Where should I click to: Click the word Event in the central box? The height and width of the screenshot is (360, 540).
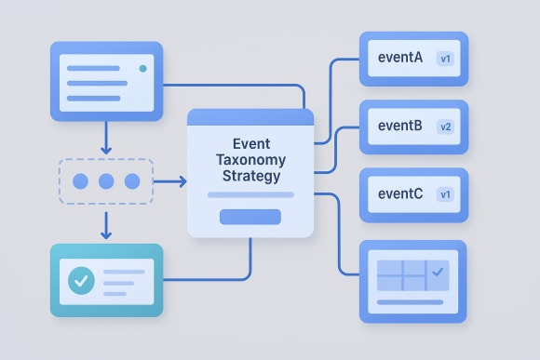(x=251, y=144)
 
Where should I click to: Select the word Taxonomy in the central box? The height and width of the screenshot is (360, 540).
(x=251, y=160)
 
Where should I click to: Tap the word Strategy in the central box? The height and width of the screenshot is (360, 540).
(x=251, y=176)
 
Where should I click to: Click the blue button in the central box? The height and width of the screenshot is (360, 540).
(x=250, y=217)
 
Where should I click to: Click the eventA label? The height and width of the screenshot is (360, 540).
(x=400, y=58)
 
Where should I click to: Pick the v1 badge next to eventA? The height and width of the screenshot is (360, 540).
(x=445, y=59)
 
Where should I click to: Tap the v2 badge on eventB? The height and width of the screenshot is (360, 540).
(x=445, y=127)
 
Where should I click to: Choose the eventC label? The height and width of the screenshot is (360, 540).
(x=400, y=193)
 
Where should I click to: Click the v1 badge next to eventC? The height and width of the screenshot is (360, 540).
(x=445, y=194)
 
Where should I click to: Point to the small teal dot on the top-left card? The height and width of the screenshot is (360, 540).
(x=142, y=69)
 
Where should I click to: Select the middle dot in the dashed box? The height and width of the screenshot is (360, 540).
(x=105, y=180)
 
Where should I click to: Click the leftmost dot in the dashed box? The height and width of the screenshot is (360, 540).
(x=80, y=180)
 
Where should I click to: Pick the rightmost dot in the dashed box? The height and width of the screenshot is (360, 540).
(x=131, y=180)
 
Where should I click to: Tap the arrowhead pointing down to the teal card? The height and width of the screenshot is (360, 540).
(x=105, y=233)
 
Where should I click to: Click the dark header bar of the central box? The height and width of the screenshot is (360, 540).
(x=250, y=117)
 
